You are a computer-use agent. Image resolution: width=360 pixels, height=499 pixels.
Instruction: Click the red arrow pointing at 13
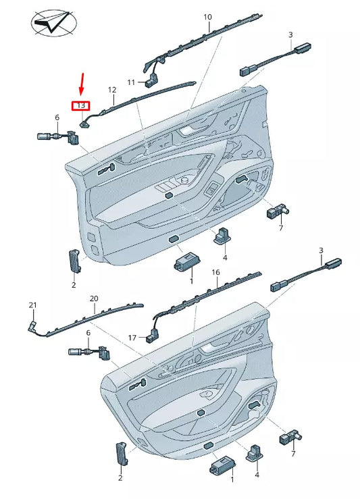click(82, 84)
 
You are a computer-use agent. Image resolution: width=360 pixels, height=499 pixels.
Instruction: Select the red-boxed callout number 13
click(81, 105)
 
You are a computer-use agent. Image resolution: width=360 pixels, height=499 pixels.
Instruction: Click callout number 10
click(207, 17)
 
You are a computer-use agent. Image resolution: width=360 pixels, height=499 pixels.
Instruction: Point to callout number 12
click(112, 90)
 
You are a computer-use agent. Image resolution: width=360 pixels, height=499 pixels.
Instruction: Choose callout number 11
click(131, 82)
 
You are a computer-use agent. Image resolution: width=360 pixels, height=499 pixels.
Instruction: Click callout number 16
click(216, 272)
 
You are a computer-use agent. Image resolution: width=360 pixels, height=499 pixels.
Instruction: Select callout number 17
click(132, 338)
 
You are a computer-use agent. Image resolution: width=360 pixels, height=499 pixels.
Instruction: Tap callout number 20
click(94, 299)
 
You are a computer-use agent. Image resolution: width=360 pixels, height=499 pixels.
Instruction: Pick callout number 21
click(33, 305)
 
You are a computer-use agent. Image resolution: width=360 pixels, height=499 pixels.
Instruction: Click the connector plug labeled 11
click(151, 82)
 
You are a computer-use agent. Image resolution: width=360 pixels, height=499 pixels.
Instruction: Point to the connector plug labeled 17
click(153, 337)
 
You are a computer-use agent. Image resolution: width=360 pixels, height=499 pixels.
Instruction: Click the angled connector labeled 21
click(32, 325)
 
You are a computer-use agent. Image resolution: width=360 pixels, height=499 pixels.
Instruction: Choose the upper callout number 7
click(281, 228)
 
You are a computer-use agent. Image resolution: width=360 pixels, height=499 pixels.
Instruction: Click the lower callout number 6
click(88, 333)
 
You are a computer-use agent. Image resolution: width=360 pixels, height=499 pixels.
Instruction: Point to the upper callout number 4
click(225, 257)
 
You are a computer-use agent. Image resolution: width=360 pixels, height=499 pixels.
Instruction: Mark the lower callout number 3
click(321, 251)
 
